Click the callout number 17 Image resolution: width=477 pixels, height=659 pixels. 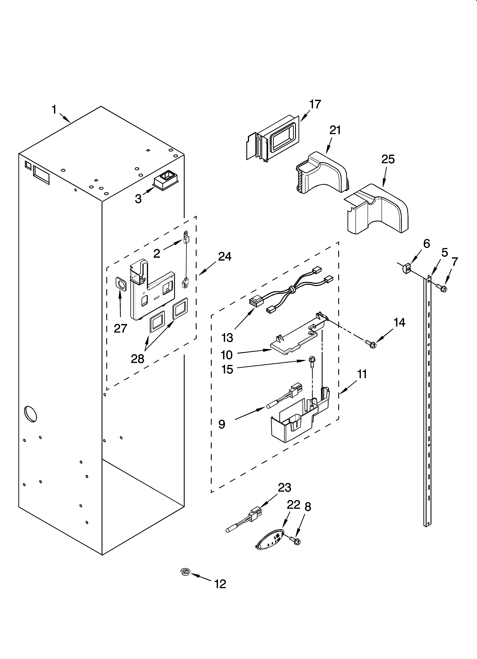315,104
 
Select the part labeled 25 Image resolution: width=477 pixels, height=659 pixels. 378,209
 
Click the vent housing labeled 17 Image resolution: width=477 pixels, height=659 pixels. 273,139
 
